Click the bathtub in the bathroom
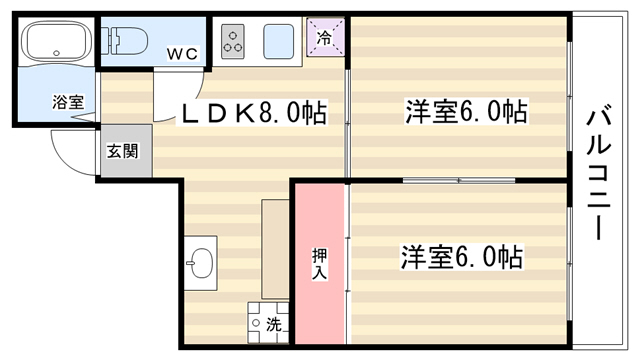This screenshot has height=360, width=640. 57,40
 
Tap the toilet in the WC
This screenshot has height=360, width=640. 124,41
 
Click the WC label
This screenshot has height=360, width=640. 182,54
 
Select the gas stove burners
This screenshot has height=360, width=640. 233,41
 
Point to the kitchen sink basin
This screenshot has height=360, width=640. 278,41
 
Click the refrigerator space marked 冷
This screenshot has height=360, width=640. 325,38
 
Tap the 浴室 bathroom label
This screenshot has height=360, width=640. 68,102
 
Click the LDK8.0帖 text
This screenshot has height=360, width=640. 254,113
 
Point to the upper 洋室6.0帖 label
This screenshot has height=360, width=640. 466,111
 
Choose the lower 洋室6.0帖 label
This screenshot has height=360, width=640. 462,257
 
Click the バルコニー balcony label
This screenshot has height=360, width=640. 598,171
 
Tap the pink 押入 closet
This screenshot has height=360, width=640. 320,264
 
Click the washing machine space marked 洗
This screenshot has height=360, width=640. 268,323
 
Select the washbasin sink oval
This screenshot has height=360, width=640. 201,264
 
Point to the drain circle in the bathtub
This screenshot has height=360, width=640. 57,53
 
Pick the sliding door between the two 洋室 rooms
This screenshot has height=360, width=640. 459,180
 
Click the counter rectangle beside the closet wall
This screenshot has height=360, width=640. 275,249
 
